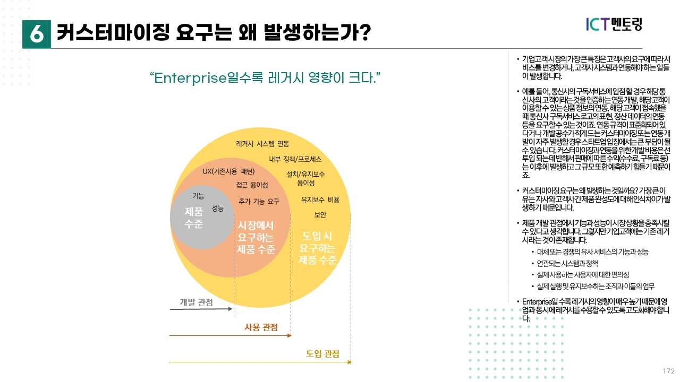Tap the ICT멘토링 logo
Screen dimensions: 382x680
click(x=614, y=24)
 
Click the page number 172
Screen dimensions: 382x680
click(x=668, y=371)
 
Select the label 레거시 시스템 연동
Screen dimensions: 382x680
click(x=262, y=144)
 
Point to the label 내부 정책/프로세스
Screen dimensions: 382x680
click(x=295, y=159)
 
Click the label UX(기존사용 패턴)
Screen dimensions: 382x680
click(x=228, y=171)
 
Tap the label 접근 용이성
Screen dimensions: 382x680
click(x=252, y=185)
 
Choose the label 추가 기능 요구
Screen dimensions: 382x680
click(x=259, y=202)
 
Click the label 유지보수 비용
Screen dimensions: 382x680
click(x=320, y=200)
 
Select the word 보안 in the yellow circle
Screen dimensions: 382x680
click(x=320, y=215)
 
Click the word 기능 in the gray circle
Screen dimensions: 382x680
click(x=198, y=196)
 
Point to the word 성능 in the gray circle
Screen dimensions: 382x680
click(x=218, y=209)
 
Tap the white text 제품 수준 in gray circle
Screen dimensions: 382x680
click(x=193, y=218)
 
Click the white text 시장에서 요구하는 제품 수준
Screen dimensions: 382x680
click(x=256, y=237)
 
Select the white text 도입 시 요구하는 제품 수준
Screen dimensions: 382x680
click(x=318, y=248)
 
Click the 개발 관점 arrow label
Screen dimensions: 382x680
click(x=196, y=302)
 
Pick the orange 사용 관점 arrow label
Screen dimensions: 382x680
click(x=261, y=327)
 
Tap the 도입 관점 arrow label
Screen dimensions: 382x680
click(x=322, y=354)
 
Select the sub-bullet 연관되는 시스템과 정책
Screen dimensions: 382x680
click(x=568, y=263)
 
